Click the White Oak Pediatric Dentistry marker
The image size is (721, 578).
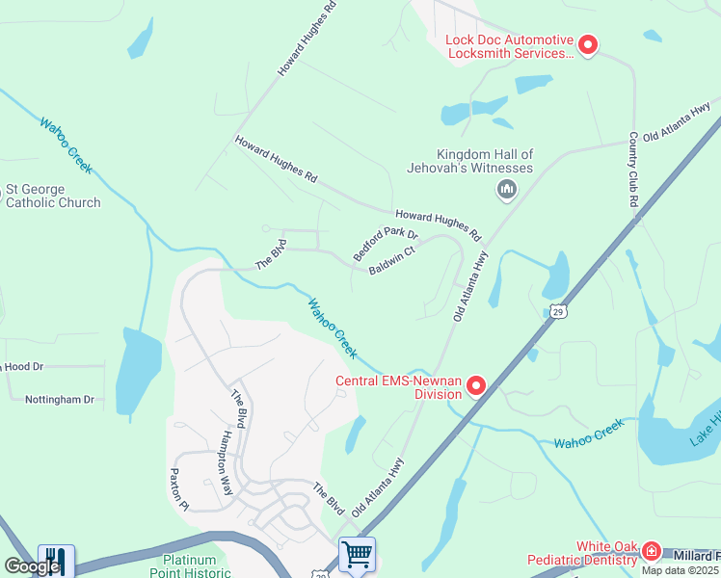[652, 552]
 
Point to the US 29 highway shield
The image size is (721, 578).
[558, 310]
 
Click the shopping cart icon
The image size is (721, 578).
[357, 555]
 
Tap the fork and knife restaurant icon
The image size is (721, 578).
[55, 560]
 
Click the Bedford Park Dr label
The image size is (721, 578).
[386, 244]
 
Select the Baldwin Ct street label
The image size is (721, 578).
[391, 260]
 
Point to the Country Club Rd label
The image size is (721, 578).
[634, 171]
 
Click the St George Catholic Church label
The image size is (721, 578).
[53, 196]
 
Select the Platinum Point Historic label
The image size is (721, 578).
[197, 566]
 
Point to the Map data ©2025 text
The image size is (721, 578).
[680, 570]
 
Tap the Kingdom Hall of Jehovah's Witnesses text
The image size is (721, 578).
[484, 161]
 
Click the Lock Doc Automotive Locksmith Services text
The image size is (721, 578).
[510, 46]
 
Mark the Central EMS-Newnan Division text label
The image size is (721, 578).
[397, 387]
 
